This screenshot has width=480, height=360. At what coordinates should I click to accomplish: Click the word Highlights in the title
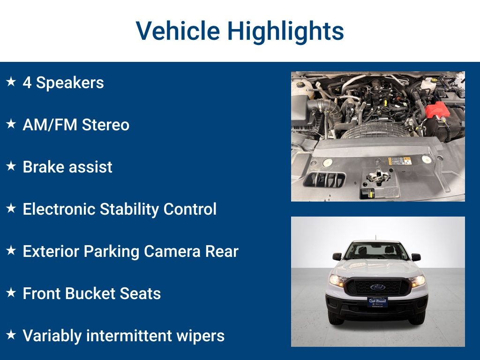coord(285,31)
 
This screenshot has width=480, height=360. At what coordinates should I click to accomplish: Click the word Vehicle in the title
coord(178,30)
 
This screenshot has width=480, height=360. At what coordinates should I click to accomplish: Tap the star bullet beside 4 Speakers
coord(11,82)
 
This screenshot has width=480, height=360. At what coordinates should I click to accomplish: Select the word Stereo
coord(105,125)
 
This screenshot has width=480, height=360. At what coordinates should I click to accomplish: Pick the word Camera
coord(172,251)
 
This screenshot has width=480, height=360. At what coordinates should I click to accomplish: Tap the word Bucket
coord(90,293)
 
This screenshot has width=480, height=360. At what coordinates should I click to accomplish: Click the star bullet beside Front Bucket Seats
coord(11,292)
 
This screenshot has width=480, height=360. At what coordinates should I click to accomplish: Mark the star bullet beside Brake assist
coord(11,166)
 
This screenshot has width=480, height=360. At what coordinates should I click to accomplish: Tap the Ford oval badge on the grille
coord(378,287)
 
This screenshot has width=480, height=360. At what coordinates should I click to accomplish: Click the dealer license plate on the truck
coord(377,302)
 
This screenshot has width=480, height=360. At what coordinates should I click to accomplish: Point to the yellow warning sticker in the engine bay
coord(399,161)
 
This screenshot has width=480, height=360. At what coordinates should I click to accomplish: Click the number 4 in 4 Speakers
coord(27,82)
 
